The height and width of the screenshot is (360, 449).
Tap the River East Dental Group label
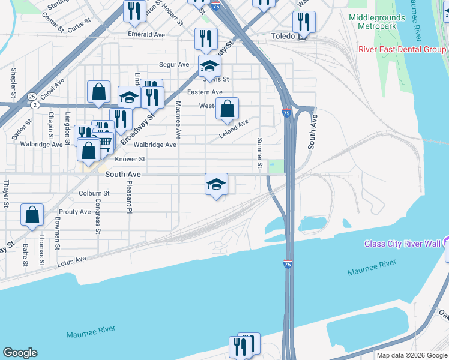tap(402, 49)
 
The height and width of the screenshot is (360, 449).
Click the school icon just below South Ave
tap(217, 184)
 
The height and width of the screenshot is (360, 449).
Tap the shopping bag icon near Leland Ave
tap(227, 109)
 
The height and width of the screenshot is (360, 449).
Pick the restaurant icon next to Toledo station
tap(304, 22)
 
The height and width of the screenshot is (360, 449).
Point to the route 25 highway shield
tap(31, 96)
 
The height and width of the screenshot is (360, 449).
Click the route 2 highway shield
tap(35, 105)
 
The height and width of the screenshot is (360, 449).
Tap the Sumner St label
tap(260, 153)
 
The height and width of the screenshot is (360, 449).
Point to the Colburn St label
tap(94, 193)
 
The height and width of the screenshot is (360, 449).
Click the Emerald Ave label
tap(146, 35)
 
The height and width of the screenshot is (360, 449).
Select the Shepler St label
tap(13, 83)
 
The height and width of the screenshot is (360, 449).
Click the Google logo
tap(20, 353)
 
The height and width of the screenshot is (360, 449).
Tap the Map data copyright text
tap(411, 355)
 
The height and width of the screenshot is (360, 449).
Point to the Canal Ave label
tap(52, 89)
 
